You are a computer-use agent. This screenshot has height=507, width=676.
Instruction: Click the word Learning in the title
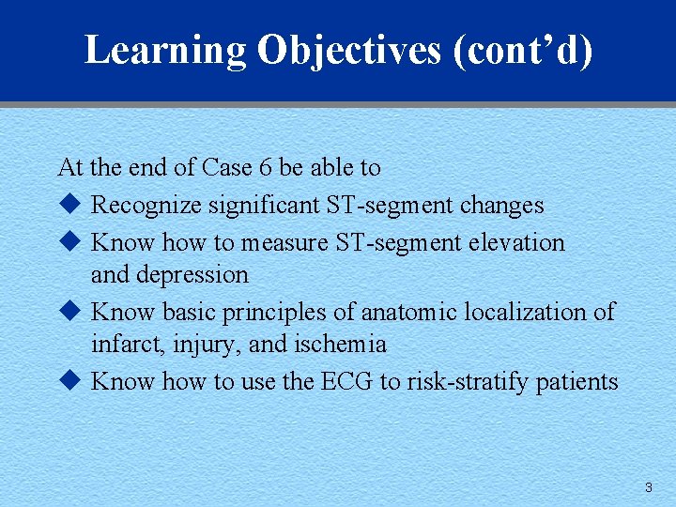165,51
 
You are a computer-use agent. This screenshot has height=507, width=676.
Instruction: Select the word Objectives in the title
348,51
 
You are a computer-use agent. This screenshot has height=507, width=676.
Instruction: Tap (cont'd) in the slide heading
523,51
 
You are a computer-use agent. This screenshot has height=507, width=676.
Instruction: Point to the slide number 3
648,487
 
